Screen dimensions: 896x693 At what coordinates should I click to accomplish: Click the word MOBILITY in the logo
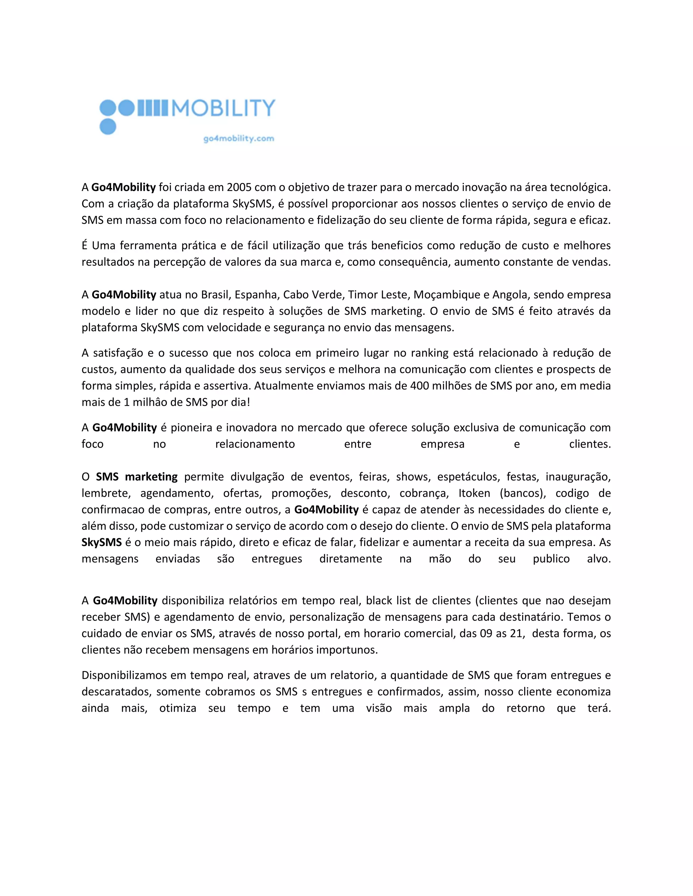click(x=223, y=108)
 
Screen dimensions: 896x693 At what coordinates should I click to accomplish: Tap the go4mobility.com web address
click(x=239, y=139)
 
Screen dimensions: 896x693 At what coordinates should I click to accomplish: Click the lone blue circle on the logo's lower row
click(x=108, y=126)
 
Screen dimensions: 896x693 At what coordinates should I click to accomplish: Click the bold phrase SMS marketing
click(x=137, y=477)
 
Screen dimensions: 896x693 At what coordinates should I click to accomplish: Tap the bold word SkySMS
click(x=102, y=542)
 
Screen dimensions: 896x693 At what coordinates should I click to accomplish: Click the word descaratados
click(x=116, y=692)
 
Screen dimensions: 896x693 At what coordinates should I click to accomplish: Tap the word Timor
click(x=362, y=294)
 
